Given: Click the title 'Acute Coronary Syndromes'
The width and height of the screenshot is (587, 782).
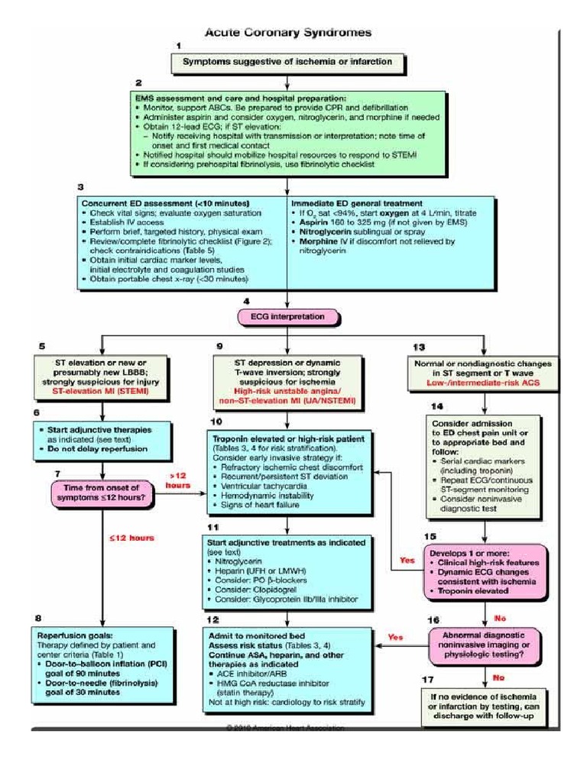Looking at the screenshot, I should tap(287, 33).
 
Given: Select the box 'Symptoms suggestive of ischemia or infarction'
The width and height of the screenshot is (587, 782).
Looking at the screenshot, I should tap(287, 61).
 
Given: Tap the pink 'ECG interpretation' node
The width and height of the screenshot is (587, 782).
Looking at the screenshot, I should tap(287, 316).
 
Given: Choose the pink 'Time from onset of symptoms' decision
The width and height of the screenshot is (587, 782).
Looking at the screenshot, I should tap(102, 493).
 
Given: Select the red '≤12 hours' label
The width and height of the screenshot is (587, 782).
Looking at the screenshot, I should tap(131, 538).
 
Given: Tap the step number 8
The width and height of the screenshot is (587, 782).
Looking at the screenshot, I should tap(38, 617).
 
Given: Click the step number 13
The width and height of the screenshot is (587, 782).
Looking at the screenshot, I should tap(418, 347).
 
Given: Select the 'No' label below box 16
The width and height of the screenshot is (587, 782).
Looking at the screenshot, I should tap(499, 677).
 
